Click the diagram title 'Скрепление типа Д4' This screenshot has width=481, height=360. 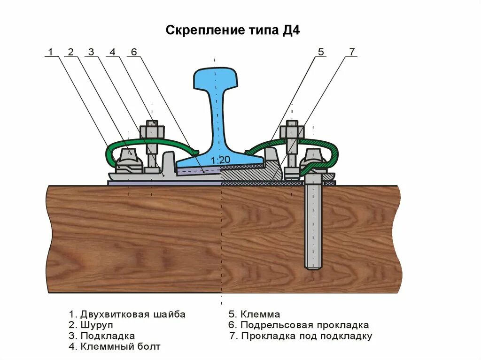point(233,31)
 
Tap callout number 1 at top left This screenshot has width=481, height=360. point(50,52)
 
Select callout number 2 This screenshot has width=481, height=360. point(70,52)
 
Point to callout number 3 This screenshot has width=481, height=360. point(91,52)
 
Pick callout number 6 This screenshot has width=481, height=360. point(133,52)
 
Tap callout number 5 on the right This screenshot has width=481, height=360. point(321,52)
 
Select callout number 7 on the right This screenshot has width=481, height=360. point(352,52)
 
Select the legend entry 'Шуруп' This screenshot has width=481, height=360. point(96,325)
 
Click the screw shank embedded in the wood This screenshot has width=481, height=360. point(313,225)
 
